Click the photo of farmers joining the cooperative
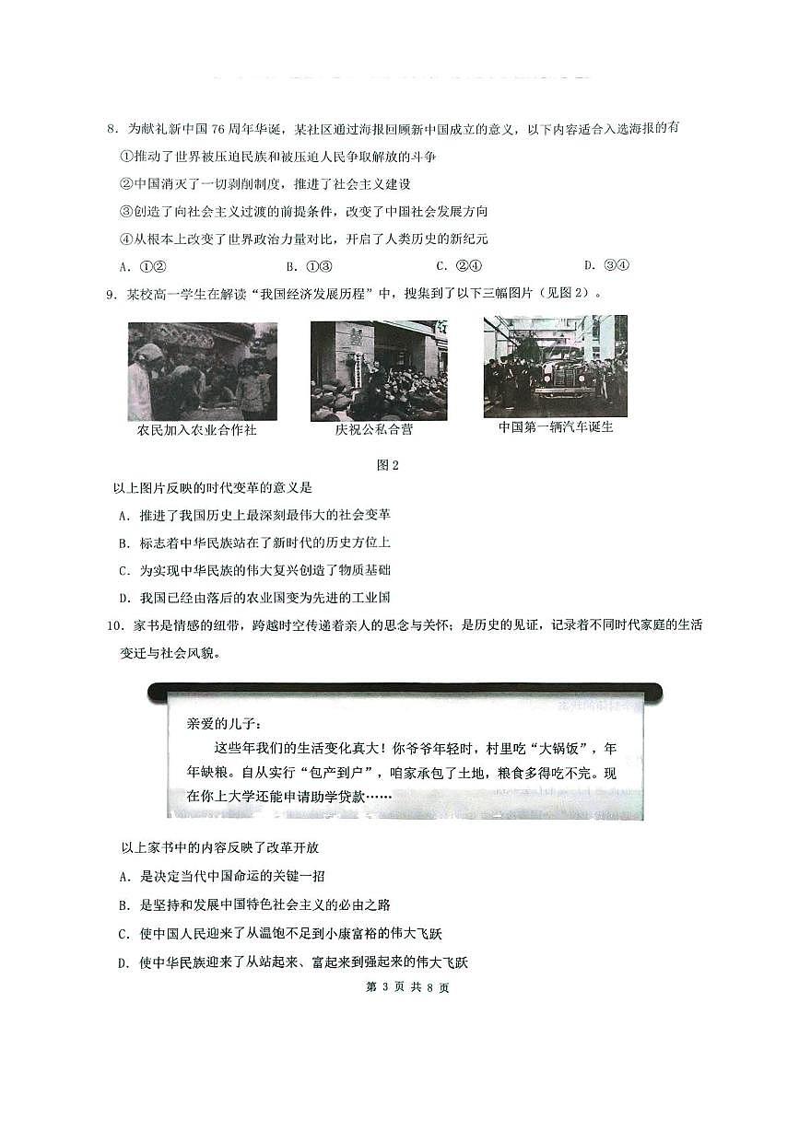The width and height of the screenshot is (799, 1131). [x=202, y=370]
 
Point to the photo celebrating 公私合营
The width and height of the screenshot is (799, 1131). [x=378, y=370]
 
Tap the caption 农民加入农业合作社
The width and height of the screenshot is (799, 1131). [x=196, y=430]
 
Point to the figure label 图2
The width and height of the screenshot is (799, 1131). [x=388, y=465]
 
